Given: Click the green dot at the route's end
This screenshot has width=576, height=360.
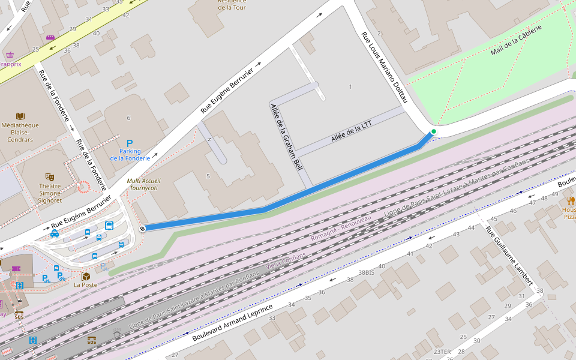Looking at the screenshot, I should pyautogui.click(x=433, y=131).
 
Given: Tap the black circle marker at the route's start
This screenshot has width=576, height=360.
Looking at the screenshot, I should pyautogui.click(x=142, y=228).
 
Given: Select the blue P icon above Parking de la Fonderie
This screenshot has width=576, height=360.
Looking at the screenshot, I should pyautogui.click(x=129, y=144).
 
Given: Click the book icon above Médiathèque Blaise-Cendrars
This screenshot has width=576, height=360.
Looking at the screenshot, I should pyautogui.click(x=20, y=116).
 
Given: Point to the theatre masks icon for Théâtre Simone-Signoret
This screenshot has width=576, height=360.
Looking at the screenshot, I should pyautogui.click(x=50, y=177).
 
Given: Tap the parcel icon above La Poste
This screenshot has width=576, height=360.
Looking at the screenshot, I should pyautogui.click(x=85, y=276).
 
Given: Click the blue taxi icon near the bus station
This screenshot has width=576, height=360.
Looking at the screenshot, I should pyautogui.click(x=55, y=233).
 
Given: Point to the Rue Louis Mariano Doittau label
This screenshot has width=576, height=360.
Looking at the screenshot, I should pyautogui.click(x=384, y=67).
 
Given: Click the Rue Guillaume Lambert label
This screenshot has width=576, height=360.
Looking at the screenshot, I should pyautogui.click(x=509, y=255).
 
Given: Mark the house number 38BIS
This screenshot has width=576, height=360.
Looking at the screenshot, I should pyautogui.click(x=366, y=272).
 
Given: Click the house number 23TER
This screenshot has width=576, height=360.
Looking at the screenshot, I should pyautogui.click(x=442, y=352).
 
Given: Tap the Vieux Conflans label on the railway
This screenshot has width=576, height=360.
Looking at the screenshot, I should pyautogui.click(x=286, y=260).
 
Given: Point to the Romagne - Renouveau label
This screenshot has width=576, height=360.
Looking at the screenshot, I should pyautogui.click(x=340, y=229).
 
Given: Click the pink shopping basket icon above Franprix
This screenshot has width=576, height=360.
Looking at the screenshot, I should pyautogui.click(x=9, y=55).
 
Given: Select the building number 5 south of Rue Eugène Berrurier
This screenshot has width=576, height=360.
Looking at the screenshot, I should pyautogui.click(x=208, y=176).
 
